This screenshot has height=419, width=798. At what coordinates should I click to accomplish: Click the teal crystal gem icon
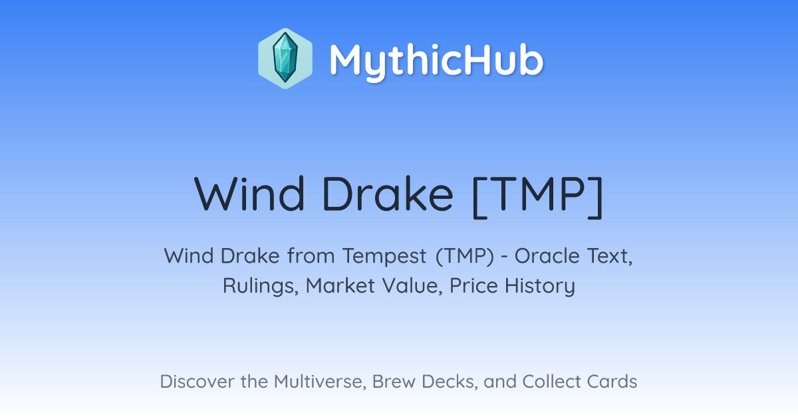285,59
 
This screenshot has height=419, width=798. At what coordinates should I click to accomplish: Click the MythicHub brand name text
436,61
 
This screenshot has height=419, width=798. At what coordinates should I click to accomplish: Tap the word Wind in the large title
249,194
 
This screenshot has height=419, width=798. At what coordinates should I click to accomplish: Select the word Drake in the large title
388,194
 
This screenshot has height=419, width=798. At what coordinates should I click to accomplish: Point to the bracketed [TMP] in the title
537,197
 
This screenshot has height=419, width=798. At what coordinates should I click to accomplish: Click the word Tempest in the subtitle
384,257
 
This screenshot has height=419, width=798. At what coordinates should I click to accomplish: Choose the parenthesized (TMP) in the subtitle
465,257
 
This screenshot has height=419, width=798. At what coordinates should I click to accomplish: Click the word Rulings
261,287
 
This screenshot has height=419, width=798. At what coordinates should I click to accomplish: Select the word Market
340,286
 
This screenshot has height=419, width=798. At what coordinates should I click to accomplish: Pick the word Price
473,286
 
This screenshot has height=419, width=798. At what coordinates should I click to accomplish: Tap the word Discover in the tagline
198,381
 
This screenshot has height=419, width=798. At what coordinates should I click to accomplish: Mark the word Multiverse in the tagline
320,382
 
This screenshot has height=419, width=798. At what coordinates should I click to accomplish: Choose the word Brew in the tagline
394,381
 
